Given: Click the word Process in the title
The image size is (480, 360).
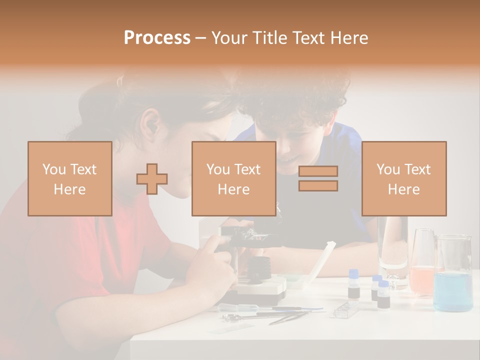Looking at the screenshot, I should [x=157, y=37].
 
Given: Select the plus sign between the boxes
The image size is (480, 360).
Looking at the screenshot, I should [x=152, y=179].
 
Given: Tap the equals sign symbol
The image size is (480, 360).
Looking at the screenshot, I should [x=318, y=178].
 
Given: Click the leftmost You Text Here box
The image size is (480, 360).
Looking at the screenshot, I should [x=69, y=178].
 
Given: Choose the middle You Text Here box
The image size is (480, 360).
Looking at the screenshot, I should [x=233, y=178].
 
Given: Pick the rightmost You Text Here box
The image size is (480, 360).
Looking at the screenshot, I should [x=403, y=178].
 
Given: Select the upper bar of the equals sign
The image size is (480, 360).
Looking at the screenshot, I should [x=318, y=171].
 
